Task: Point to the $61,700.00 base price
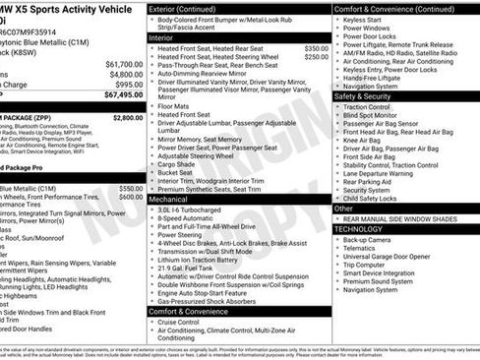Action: coord(123,63)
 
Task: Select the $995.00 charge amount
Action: coord(128,84)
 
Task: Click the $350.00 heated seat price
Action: coord(317,47)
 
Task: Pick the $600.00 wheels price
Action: coord(131,197)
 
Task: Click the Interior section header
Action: coord(161,36)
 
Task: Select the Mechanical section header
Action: coord(168,198)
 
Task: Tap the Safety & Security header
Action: coord(363,96)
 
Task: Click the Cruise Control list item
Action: coord(178,322)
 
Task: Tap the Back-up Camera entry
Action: coord(367,240)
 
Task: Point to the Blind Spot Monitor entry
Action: coord(373,116)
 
